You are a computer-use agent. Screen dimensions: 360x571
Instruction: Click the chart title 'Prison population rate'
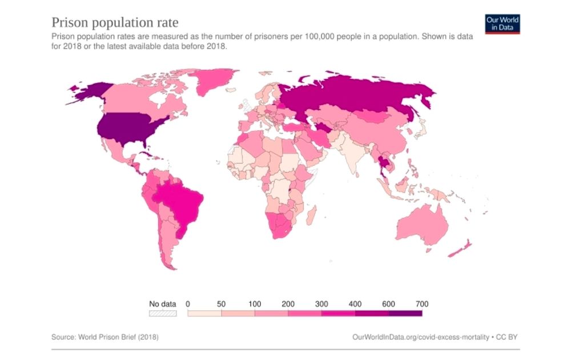115,23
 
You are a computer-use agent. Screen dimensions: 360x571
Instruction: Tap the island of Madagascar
312,216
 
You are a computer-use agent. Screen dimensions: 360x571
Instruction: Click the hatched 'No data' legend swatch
163,313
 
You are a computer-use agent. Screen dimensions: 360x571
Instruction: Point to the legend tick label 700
422,304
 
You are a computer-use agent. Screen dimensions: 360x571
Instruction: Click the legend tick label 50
221,304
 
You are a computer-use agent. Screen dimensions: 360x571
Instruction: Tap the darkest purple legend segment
405,313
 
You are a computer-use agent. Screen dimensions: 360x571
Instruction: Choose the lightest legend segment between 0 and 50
204,313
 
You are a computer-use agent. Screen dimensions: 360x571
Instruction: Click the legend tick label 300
321,304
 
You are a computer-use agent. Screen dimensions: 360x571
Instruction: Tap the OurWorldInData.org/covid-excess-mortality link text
420,337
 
